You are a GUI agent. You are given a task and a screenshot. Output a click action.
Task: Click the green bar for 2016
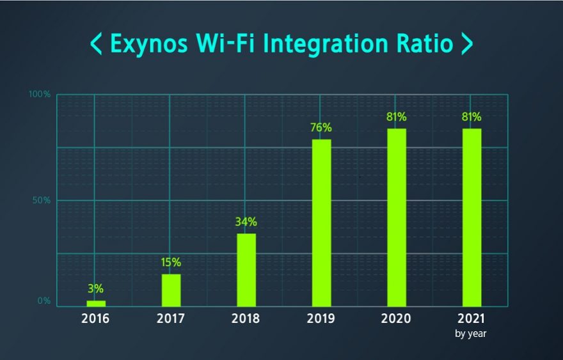pyautogui.click(x=96, y=303)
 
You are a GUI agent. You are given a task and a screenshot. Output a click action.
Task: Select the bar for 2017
pyautogui.click(x=171, y=290)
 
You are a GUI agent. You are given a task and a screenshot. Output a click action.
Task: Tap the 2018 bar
pyautogui.click(x=246, y=270)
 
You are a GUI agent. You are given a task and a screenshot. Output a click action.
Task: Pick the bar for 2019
pyautogui.click(x=321, y=223)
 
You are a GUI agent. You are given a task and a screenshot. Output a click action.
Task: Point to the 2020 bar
pyautogui.click(x=397, y=217)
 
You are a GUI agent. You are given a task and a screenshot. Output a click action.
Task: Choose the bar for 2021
pyautogui.click(x=472, y=217)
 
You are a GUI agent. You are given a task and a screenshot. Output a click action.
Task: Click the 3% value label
pyautogui.click(x=96, y=289)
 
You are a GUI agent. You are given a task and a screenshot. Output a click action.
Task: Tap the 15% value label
pyautogui.click(x=171, y=262)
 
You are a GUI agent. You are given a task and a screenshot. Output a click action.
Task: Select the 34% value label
pyautogui.click(x=246, y=222)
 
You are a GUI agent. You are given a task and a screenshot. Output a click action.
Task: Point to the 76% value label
pyautogui.click(x=321, y=127)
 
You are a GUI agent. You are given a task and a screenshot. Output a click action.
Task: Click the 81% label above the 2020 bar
pyautogui.click(x=397, y=117)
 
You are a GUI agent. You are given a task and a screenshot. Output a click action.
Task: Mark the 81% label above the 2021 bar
pyautogui.click(x=472, y=117)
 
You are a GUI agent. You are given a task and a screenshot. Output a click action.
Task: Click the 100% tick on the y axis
pyautogui.click(x=40, y=95)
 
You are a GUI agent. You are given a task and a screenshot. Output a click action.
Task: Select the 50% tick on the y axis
pyautogui.click(x=42, y=200)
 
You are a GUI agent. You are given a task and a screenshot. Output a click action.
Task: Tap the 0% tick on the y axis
pyautogui.click(x=44, y=301)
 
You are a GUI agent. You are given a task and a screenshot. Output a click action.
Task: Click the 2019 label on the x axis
pyautogui.click(x=321, y=318)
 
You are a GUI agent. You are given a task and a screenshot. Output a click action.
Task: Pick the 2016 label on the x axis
pyautogui.click(x=96, y=318)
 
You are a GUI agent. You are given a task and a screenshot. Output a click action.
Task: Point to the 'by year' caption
pyautogui.click(x=472, y=333)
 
